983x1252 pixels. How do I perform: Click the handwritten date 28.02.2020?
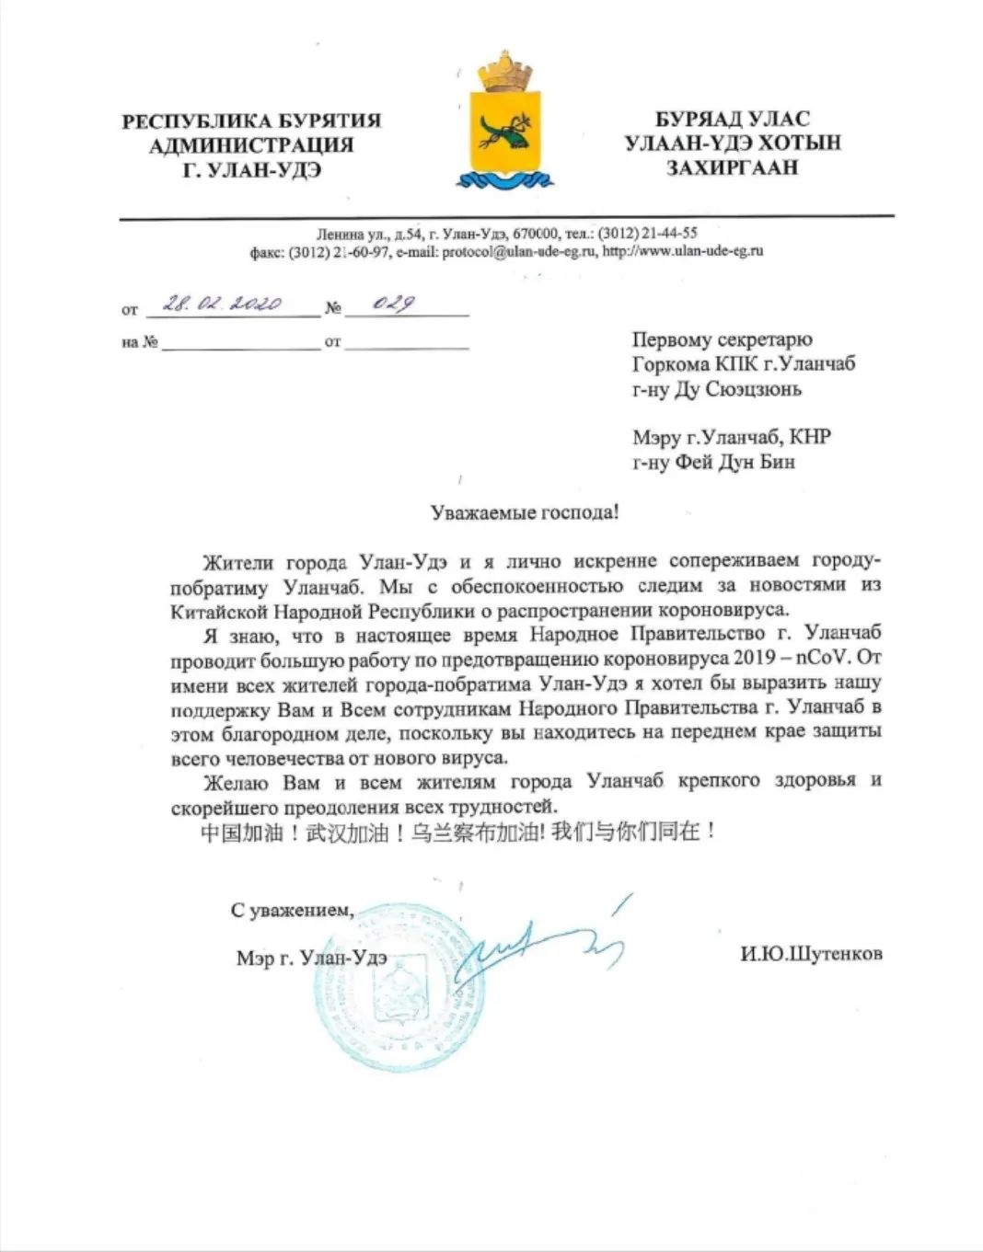(222, 304)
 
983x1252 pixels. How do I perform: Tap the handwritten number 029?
(393, 304)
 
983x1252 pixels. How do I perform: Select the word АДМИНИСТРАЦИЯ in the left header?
(251, 144)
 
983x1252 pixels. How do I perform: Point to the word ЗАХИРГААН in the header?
(732, 167)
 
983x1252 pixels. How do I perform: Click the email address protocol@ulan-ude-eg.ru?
(519, 250)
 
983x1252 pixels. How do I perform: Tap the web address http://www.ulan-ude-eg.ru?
(683, 250)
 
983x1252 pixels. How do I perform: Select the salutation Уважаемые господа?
(525, 512)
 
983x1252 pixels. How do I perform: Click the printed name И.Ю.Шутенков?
(811, 954)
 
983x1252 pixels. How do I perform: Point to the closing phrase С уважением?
(292, 911)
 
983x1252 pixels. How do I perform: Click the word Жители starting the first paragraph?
(236, 561)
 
